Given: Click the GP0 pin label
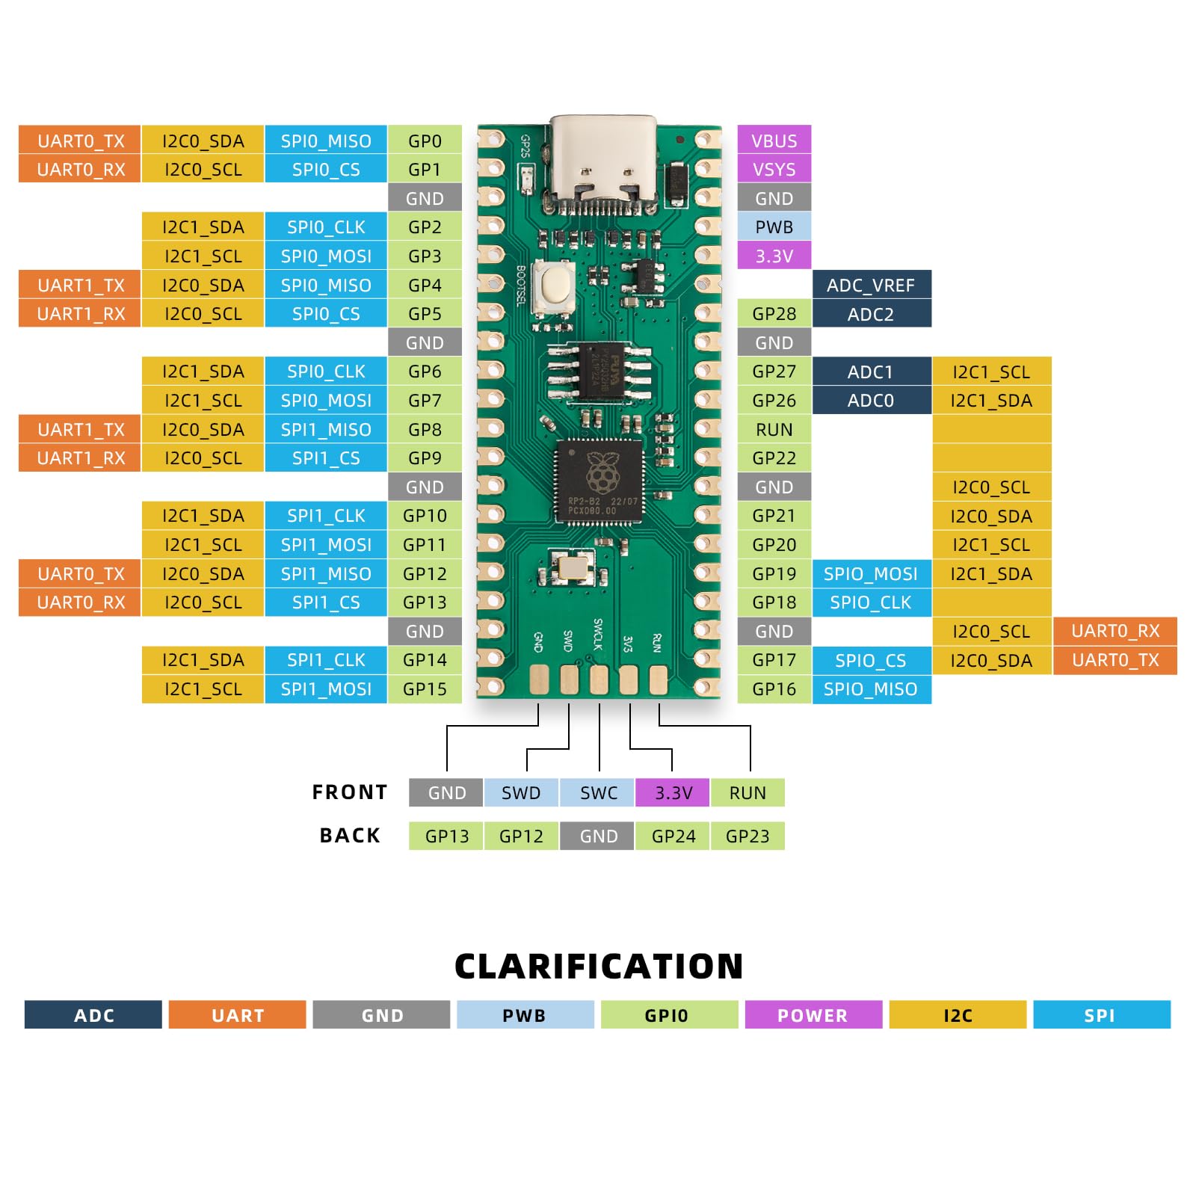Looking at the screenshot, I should pyautogui.click(x=425, y=141).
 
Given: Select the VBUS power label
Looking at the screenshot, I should pyautogui.click(x=774, y=141).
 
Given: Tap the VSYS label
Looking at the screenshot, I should pyautogui.click(x=774, y=170).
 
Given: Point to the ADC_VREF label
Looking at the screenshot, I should pyautogui.click(x=871, y=285).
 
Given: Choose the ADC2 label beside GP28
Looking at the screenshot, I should pyautogui.click(x=871, y=314).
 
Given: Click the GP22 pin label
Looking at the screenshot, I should pyautogui.click(x=774, y=457).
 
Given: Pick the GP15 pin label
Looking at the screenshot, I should pyautogui.click(x=425, y=688).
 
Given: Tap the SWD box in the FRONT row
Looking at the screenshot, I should pyautogui.click(x=521, y=792).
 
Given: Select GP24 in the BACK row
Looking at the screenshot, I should pyautogui.click(x=673, y=836).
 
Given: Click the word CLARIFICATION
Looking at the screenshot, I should pyautogui.click(x=599, y=966).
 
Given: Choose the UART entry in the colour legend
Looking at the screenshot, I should pyautogui.click(x=238, y=1015).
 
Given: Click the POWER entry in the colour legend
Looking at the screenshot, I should pyautogui.click(x=813, y=1015).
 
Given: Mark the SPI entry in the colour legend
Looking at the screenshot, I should pyautogui.click(x=1100, y=1015).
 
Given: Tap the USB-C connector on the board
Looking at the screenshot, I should pyautogui.click(x=603, y=161).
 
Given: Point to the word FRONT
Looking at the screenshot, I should pyautogui.click(x=350, y=792).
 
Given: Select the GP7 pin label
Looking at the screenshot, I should pyautogui.click(x=425, y=401).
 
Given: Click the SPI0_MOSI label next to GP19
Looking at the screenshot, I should pyautogui.click(x=871, y=573).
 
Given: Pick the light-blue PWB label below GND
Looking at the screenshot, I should pyautogui.click(x=774, y=227).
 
